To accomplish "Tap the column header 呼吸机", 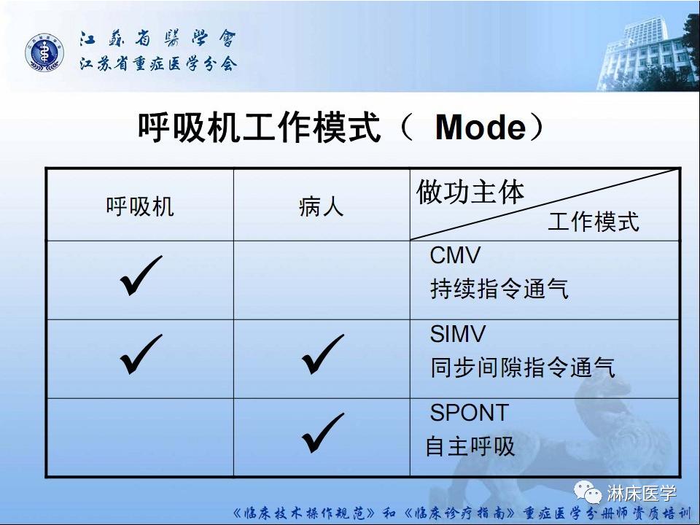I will (x=140, y=206).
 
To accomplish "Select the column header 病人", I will (x=321, y=207).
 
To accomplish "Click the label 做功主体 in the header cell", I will (x=470, y=192).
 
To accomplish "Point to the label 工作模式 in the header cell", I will (x=593, y=222).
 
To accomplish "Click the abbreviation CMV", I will (x=456, y=256).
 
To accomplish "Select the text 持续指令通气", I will (x=499, y=289).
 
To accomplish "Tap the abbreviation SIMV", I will (x=458, y=334).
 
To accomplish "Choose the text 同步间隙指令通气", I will (x=522, y=367).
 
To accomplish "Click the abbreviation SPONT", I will (x=469, y=413).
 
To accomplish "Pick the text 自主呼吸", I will (x=470, y=446).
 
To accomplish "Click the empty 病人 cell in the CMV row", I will (x=322, y=280).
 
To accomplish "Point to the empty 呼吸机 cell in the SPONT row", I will (x=140, y=437).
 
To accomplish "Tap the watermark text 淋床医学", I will (x=641, y=493).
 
